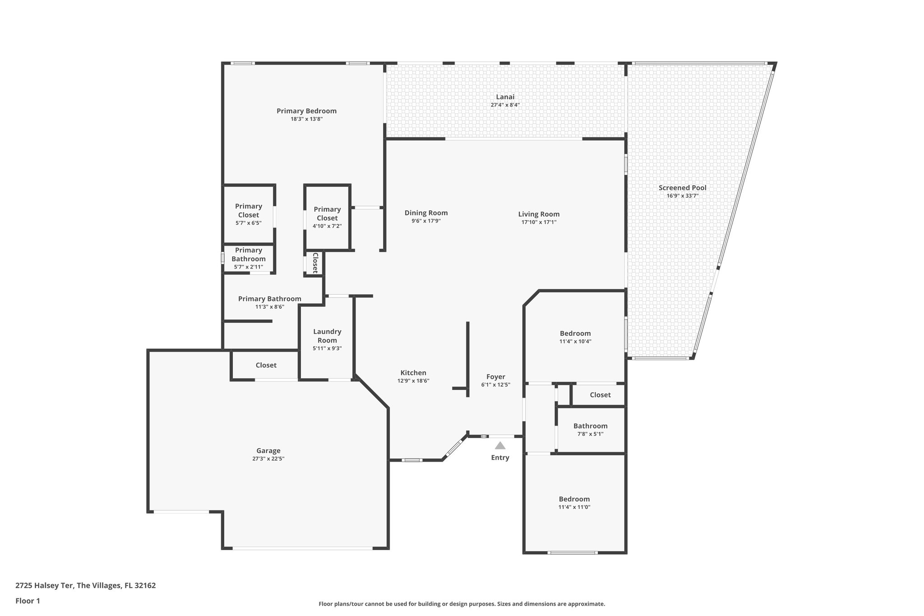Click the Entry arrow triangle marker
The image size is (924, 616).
[x=500, y=446]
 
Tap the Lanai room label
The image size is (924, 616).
[x=505, y=97]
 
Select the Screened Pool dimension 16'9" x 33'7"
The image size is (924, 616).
[x=683, y=196]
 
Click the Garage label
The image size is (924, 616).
[x=268, y=450]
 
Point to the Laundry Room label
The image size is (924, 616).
[x=327, y=336]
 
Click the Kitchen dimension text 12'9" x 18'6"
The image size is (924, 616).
[x=413, y=381]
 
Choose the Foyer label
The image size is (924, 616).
[x=495, y=377]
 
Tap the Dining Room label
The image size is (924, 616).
[x=426, y=213]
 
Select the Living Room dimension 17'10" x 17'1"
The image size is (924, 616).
[x=539, y=222]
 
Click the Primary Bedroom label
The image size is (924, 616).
[x=306, y=111]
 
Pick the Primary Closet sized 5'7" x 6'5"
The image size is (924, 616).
[x=248, y=211]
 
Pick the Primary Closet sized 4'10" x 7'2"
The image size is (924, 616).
[x=327, y=213]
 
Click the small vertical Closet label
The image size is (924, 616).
[x=315, y=263]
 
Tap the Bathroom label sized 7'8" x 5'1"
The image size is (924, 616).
[x=590, y=426]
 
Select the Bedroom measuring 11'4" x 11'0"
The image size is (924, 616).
[x=574, y=499]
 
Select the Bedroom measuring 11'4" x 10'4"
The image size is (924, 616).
[x=575, y=333]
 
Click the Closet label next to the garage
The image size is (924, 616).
[x=266, y=365]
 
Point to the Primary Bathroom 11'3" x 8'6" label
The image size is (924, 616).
[x=269, y=299]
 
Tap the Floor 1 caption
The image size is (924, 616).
[x=28, y=601]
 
